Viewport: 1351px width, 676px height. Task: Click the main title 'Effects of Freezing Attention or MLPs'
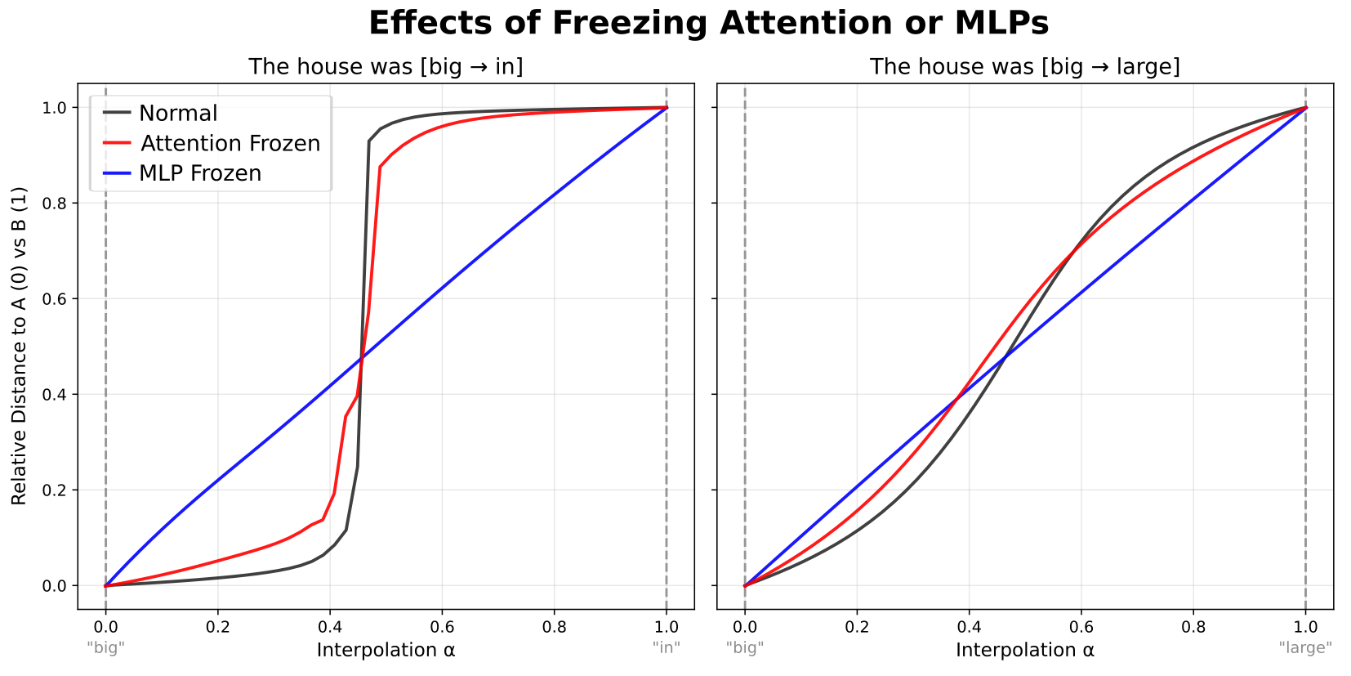point(708,23)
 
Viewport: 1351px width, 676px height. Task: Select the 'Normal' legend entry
point(178,113)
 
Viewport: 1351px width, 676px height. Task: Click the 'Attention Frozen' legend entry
point(230,143)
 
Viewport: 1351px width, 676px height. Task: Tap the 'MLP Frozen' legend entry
point(200,173)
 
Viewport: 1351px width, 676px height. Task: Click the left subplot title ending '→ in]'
point(386,66)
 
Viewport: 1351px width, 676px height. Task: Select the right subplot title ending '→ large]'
point(1024,66)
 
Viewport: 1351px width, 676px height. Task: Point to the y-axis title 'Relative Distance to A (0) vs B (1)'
point(19,346)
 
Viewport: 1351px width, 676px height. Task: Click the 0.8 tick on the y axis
point(55,203)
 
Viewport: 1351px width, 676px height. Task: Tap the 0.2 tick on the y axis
point(55,490)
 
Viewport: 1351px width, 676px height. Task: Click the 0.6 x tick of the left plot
point(442,627)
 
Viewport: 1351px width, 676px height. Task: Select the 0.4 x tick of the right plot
point(969,627)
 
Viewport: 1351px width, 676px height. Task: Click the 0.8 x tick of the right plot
point(1193,627)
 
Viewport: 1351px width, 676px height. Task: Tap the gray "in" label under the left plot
point(667,647)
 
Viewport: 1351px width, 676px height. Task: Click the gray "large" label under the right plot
point(1305,647)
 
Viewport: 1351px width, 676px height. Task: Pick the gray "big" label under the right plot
point(744,647)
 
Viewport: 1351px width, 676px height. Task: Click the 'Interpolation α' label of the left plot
point(386,650)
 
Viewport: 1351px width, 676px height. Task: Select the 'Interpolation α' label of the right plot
point(1024,650)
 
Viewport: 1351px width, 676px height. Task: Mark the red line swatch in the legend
point(117,143)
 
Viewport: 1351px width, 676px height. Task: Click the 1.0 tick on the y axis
point(55,108)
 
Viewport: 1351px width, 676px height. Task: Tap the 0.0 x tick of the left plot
point(105,627)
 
